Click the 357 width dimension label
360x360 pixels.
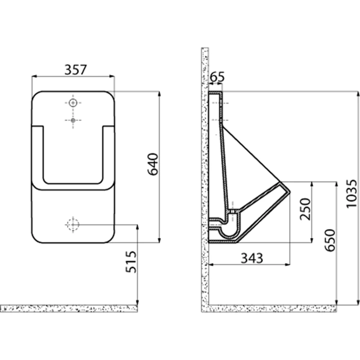[76, 69]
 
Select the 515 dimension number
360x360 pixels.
[131, 262]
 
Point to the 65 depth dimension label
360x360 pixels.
[217, 77]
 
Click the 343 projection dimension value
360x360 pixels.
[252, 258]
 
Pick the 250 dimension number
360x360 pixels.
[305, 209]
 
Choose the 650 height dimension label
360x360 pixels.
[330, 240]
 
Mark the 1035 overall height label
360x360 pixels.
[351, 194]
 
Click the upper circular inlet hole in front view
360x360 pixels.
[73, 103]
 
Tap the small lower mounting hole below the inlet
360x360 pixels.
[73, 120]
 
